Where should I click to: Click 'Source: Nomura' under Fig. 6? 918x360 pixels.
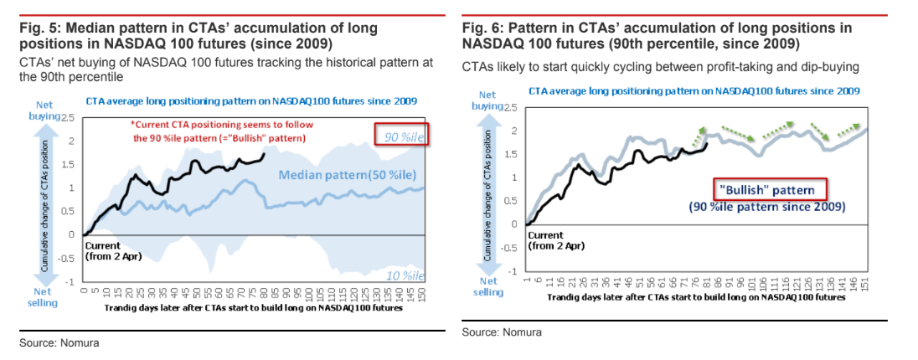501,332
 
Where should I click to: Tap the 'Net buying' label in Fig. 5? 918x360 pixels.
47,110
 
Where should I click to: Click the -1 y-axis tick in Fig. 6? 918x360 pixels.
513,271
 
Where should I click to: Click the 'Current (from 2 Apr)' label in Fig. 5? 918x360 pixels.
113,250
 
